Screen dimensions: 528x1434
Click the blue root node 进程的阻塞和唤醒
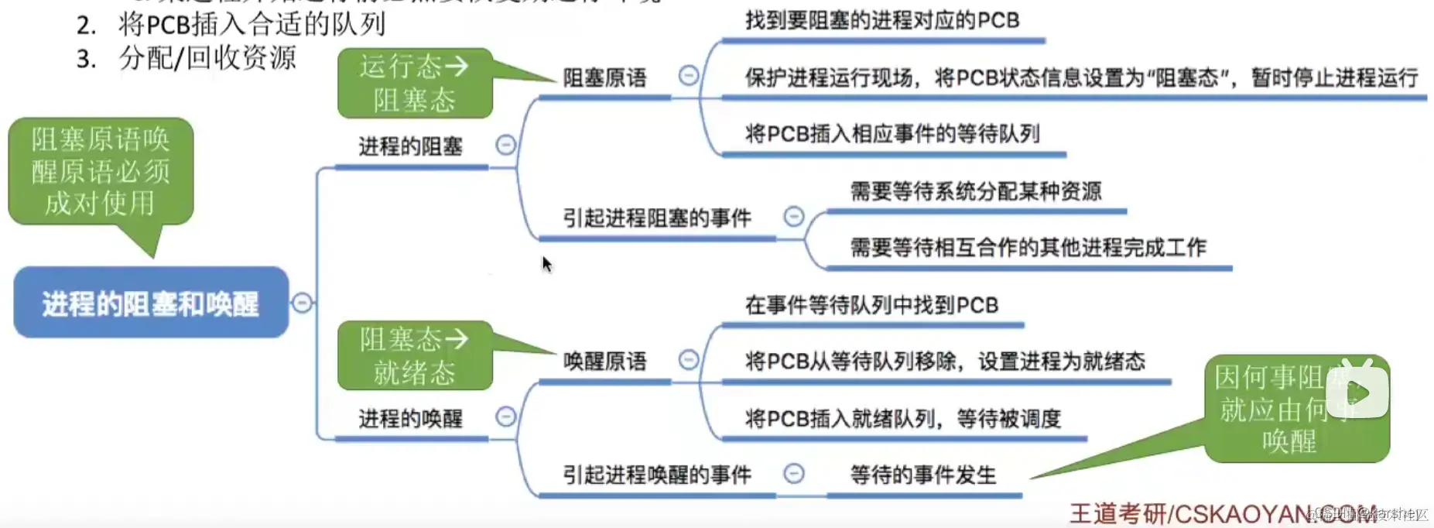coord(151,303)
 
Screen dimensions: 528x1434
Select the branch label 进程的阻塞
coord(410,146)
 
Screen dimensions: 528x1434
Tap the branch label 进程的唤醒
coord(410,419)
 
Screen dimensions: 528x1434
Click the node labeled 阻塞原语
coord(604,77)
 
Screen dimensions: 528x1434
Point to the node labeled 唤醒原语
coord(604,361)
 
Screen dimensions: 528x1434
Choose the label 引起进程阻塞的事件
coord(657,218)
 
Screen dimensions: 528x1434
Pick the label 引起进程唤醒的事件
coord(657,475)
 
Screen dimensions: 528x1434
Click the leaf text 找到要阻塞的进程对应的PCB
coord(882,21)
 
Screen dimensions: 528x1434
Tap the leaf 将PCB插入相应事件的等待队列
coord(892,134)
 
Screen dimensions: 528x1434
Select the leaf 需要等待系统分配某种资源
coord(976,191)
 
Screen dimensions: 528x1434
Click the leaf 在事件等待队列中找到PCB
coord(871,305)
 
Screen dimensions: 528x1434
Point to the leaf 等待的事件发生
coord(923,475)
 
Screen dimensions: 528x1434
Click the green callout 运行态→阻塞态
coord(415,83)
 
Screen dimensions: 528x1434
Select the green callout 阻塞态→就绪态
coord(415,355)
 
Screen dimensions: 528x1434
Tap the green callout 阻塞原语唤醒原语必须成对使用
coord(101,171)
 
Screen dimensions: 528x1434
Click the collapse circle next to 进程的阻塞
coord(505,145)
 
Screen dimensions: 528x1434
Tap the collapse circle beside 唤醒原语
coord(688,359)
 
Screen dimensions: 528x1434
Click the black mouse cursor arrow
coord(546,263)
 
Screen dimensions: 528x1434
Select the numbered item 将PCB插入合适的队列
coord(252,25)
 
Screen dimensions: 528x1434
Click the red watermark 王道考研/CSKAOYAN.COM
coord(1223,513)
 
